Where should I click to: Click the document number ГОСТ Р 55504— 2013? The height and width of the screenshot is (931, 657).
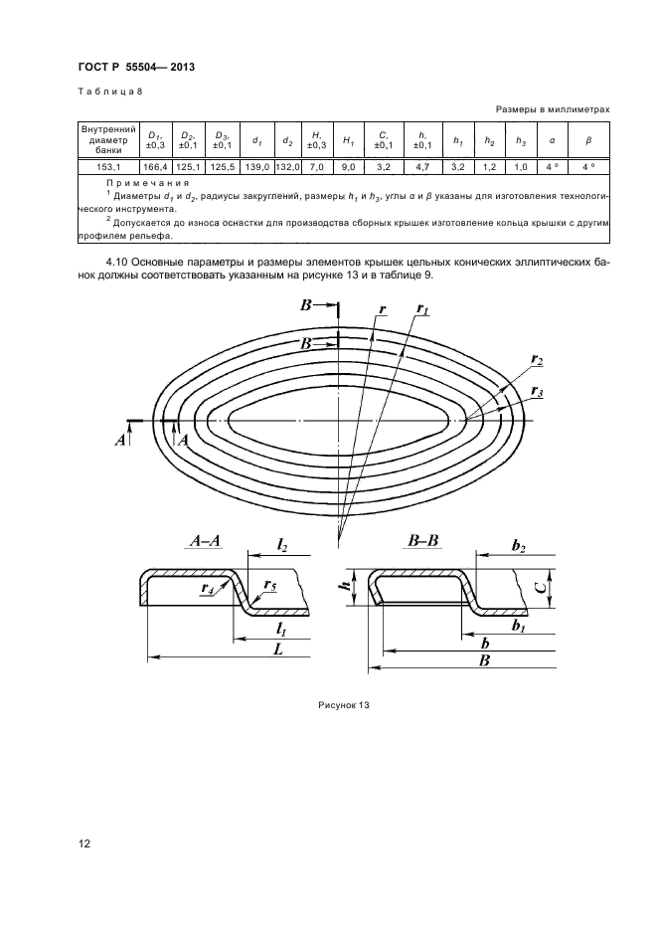135,67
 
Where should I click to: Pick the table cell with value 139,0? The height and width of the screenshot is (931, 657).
256,167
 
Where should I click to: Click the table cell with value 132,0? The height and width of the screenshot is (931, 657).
287,167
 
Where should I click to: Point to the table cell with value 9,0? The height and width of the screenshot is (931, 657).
349,167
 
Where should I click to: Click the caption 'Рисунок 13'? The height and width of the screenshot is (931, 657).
344,704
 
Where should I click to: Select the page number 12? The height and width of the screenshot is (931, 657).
85,844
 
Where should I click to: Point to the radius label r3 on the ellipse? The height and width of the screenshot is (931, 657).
538,391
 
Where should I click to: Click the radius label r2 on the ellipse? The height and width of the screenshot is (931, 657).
538,359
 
